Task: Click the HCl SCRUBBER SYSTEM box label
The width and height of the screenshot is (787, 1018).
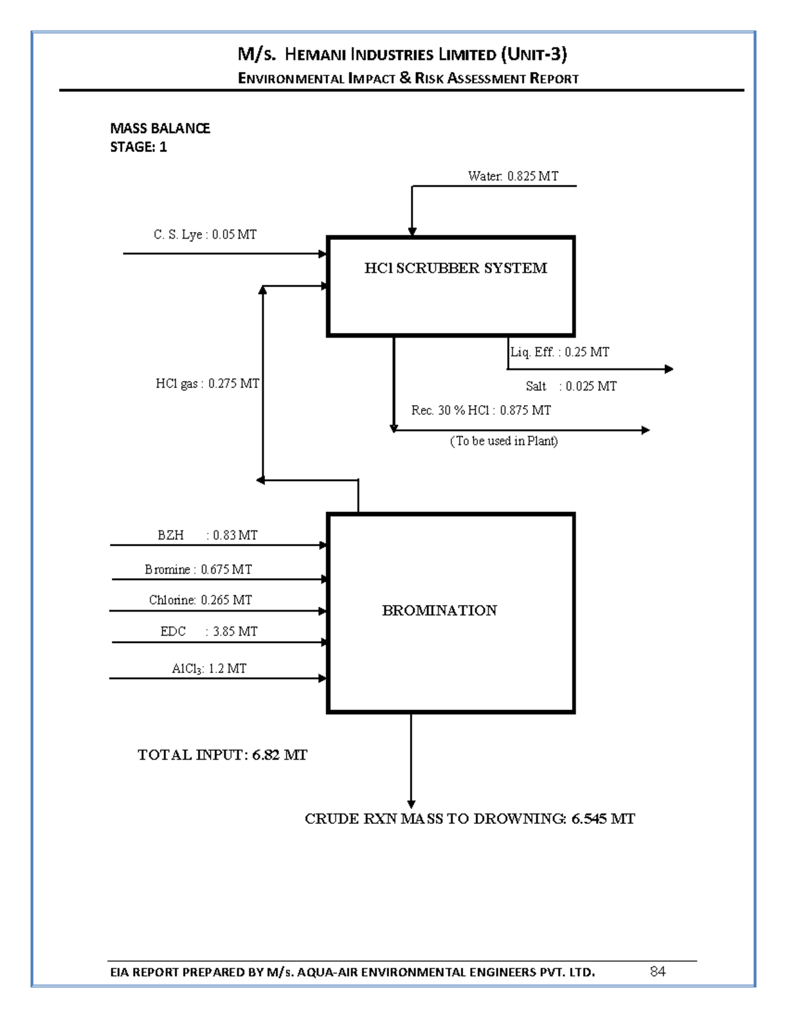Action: coord(455,268)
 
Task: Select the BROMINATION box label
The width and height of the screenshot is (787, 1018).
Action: coord(439,611)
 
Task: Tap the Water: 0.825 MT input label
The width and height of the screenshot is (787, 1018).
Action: coord(513,176)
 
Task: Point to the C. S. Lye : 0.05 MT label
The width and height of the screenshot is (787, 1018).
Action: coord(205,235)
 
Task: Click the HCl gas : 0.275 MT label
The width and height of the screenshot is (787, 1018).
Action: coord(207,383)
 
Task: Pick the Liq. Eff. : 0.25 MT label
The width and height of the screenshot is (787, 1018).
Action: coord(559,352)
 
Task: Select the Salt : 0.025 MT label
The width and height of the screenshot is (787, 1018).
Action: coord(571,386)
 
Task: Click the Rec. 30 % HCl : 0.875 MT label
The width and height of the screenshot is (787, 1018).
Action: coord(481,410)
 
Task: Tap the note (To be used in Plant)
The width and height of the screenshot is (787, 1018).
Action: coord(504,441)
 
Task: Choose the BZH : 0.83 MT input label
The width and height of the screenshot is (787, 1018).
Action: coord(207,535)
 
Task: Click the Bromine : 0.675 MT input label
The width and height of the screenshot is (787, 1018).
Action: coord(198,569)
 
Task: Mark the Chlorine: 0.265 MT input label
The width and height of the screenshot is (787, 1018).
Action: coord(200,600)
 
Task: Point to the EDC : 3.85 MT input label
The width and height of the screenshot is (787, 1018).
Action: coord(209,631)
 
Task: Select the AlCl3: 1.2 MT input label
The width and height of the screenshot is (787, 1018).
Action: coord(209,669)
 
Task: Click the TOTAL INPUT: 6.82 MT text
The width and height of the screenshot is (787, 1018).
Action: coord(222,755)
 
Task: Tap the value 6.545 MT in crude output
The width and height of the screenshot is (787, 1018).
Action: coord(603,819)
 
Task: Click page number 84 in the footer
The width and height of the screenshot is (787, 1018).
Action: coord(658,971)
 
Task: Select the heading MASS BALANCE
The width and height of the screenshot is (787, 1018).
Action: coord(160,128)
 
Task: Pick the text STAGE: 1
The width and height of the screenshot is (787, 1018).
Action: coord(138,147)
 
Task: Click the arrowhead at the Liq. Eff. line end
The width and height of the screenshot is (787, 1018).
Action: coord(669,369)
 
